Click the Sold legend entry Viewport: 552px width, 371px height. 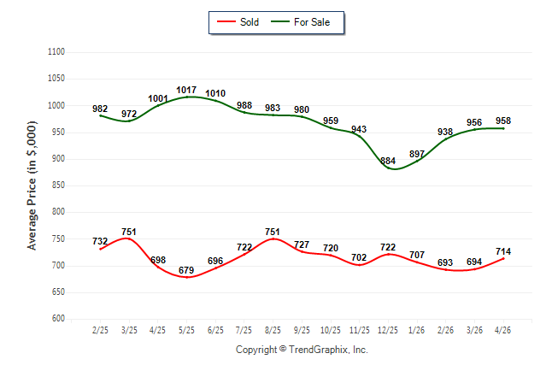click(x=238, y=22)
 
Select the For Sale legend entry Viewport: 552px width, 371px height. click(x=300, y=22)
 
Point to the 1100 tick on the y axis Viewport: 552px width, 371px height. click(x=56, y=52)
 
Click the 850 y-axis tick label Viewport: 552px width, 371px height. click(x=58, y=185)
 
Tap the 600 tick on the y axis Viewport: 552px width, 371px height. click(x=58, y=318)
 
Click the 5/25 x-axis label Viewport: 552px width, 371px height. click(x=186, y=330)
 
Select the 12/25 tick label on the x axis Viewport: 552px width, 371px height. click(x=388, y=330)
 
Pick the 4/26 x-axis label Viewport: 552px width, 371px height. click(x=503, y=330)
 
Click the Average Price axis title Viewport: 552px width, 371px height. click(x=32, y=185)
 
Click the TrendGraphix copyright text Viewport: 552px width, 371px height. click(x=302, y=350)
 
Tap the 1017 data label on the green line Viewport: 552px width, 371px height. click(x=186, y=91)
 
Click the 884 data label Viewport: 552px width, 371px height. click(x=388, y=161)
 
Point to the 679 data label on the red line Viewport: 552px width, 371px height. click(x=186, y=270)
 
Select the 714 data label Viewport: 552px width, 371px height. click(x=503, y=251)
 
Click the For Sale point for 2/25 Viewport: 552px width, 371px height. click(x=100, y=115)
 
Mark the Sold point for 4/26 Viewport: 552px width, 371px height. click(x=503, y=259)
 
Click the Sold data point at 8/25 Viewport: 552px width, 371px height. click(x=273, y=238)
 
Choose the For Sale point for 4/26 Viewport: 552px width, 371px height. click(x=503, y=128)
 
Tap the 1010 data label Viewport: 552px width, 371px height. click(x=215, y=93)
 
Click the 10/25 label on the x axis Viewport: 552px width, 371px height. click(x=331, y=330)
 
